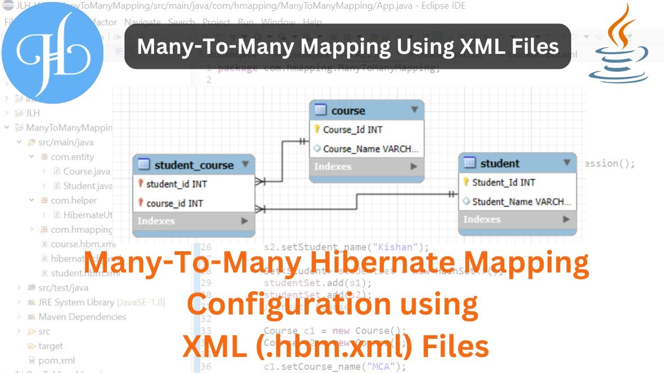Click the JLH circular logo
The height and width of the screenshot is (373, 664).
tap(52, 52)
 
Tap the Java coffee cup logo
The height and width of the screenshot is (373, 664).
tap(618, 44)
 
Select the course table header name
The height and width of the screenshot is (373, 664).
tap(348, 110)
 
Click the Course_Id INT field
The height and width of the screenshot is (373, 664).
tap(352, 130)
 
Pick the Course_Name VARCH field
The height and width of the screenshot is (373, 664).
tap(370, 149)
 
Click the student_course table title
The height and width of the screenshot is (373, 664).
tap(194, 165)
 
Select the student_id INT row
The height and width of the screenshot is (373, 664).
tap(177, 184)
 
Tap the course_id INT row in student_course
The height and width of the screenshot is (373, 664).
tap(175, 203)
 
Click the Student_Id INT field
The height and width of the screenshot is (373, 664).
tap(504, 182)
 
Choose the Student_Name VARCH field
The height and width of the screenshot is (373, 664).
tap(521, 202)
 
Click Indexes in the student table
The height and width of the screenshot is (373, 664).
tap(481, 219)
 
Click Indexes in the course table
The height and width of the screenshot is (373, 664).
tap(333, 166)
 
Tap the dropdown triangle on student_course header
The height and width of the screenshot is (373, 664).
tap(245, 165)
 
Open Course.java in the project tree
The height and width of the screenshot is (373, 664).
tap(86, 171)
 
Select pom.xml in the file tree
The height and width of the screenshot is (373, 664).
tap(57, 361)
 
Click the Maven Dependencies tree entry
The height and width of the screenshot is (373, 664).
tap(82, 317)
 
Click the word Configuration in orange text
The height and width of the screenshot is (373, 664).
tap(288, 305)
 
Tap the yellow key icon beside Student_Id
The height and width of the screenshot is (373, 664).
tap(466, 182)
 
